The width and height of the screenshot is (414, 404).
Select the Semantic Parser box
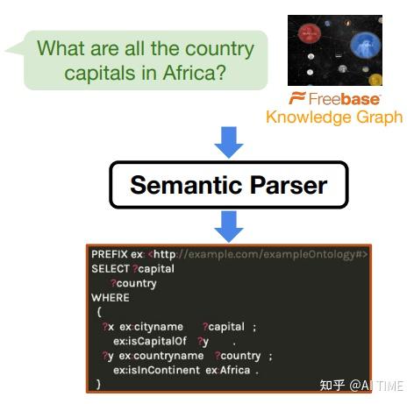(228, 186)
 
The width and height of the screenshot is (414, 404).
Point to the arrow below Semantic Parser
(228, 225)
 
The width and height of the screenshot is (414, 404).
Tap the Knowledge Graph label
(334, 117)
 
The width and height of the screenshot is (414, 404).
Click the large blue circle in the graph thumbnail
(363, 45)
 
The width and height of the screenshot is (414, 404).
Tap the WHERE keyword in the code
(110, 297)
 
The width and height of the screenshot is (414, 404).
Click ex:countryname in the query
(161, 356)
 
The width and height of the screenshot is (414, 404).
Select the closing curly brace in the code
(98, 384)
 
